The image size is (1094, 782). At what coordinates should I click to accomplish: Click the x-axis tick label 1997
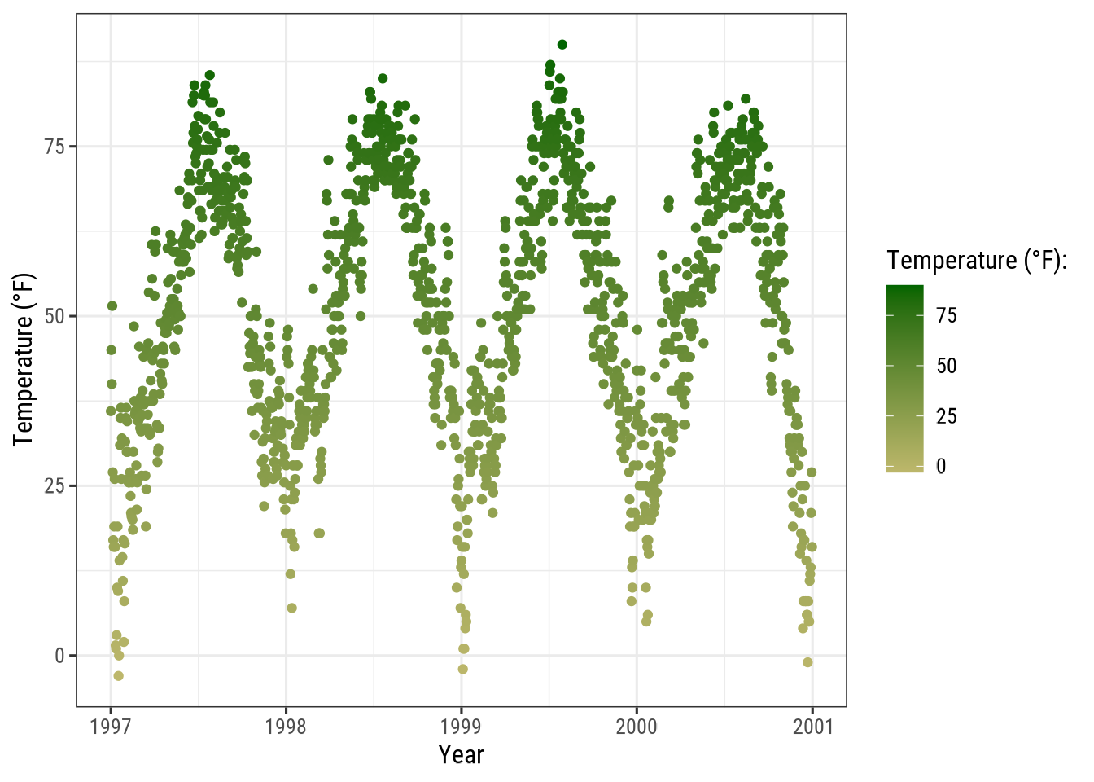[x=111, y=726]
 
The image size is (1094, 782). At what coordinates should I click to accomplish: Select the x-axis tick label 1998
[x=286, y=726]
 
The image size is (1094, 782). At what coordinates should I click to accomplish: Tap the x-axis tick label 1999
[x=461, y=726]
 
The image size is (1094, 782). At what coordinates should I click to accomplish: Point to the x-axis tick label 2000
[x=637, y=726]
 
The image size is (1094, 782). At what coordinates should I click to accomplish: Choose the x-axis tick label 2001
[x=812, y=726]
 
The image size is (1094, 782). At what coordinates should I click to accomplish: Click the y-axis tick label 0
[x=59, y=656]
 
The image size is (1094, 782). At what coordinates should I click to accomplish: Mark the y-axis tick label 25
[x=55, y=485]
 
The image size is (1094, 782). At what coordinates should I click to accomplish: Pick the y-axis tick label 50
[x=55, y=316]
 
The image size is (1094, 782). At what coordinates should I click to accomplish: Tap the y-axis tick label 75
[x=55, y=147]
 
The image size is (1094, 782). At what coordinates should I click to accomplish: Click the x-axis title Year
[x=461, y=755]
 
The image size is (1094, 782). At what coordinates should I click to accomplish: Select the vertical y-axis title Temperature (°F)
[x=24, y=359]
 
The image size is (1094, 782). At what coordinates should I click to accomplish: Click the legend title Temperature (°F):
[x=977, y=261]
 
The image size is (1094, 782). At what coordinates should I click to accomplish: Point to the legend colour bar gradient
[x=905, y=379]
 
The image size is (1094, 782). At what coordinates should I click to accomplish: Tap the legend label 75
[x=946, y=316]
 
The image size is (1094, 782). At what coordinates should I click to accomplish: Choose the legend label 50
[x=946, y=366]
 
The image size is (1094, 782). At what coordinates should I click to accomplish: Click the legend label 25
[x=946, y=416]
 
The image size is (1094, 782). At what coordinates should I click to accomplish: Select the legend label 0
[x=941, y=467]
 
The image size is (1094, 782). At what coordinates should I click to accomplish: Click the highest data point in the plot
[x=562, y=45]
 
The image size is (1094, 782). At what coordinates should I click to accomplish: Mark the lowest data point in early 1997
[x=119, y=676]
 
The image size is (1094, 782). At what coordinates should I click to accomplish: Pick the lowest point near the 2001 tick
[x=807, y=662]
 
